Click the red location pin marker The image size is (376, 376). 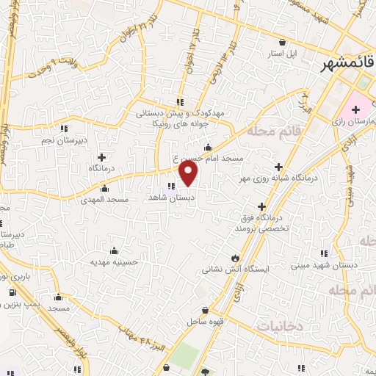click(x=189, y=174)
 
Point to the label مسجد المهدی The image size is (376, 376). click(x=109, y=199)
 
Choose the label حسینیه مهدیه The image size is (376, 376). click(x=114, y=261)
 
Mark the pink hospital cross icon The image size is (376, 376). click(x=355, y=109)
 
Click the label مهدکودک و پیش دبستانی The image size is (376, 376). click(x=170, y=114)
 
